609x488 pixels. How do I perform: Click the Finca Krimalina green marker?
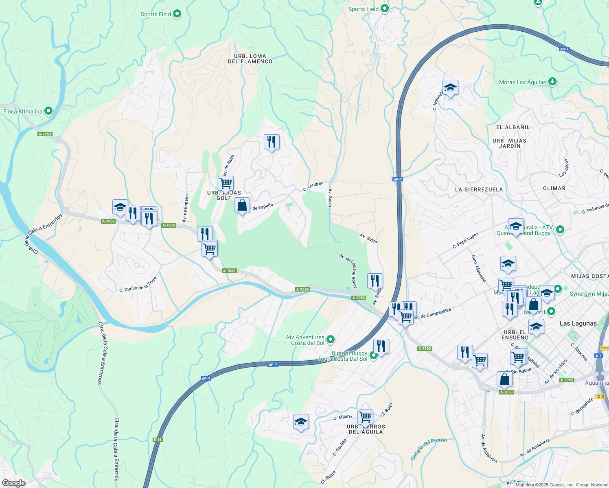click(48, 111)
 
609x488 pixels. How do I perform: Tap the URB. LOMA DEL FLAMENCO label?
click(250, 59)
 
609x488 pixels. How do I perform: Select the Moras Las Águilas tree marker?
click(552, 82)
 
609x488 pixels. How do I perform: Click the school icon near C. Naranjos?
click(450, 88)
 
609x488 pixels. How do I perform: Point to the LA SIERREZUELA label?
click(479, 190)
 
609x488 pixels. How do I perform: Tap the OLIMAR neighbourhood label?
click(554, 188)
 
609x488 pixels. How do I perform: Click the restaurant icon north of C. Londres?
click(272, 142)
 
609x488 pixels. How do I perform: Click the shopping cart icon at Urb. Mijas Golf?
click(226, 183)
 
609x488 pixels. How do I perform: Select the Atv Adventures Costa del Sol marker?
click(331, 339)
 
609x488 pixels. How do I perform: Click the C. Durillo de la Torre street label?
click(138, 285)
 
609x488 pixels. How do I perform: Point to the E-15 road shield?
click(158, 440)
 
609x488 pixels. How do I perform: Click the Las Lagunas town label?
click(578, 323)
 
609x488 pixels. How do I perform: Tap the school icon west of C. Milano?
click(301, 422)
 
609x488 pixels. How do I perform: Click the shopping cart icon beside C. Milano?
click(365, 417)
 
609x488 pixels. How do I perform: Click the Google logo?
click(14, 483)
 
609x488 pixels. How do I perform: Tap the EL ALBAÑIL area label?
click(513, 127)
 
